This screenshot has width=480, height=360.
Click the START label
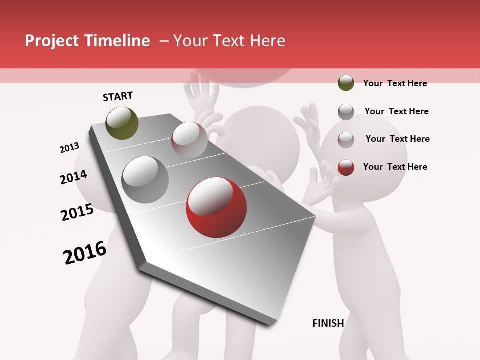(x=118, y=96)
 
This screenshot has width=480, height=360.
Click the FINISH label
(x=328, y=323)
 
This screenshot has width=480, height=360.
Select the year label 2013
(x=70, y=148)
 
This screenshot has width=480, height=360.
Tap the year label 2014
(x=74, y=177)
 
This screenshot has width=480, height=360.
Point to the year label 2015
(x=77, y=212)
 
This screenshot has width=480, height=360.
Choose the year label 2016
(x=85, y=252)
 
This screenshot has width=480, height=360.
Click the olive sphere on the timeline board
(x=122, y=123)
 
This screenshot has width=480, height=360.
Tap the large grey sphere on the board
(x=145, y=180)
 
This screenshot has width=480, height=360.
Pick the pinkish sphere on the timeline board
(x=189, y=140)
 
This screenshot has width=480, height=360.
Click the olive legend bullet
(x=346, y=83)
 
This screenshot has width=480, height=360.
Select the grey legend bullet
(x=346, y=112)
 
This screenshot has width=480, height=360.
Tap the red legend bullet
(x=346, y=167)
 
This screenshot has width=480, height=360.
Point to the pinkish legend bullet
(x=346, y=140)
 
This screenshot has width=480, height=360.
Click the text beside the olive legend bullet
(x=395, y=83)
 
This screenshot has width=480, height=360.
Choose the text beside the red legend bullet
(x=395, y=167)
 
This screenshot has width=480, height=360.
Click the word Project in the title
(x=51, y=41)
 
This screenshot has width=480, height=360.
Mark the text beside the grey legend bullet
(x=396, y=111)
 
